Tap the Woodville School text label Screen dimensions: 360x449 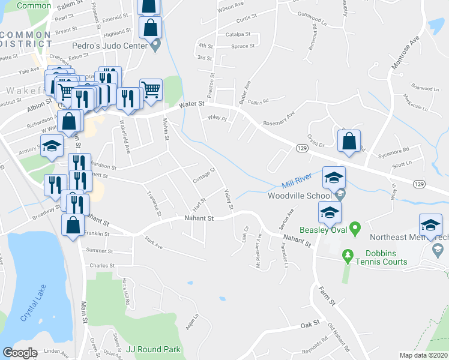(300, 196)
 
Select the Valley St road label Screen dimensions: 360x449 (229, 199)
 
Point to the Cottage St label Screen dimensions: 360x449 (204, 176)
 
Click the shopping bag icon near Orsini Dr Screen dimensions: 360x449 (349, 142)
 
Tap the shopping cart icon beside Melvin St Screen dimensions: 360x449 (151, 90)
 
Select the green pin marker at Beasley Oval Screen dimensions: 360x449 (354, 229)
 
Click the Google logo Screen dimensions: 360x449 (20, 353)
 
